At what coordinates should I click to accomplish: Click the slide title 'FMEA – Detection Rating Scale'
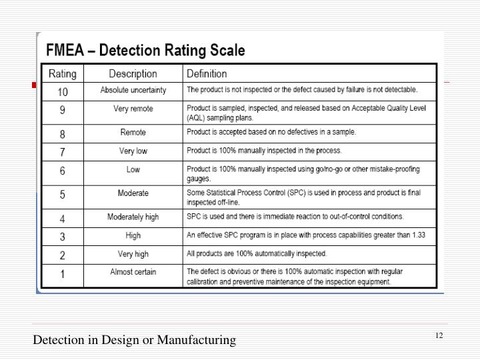coord(145,51)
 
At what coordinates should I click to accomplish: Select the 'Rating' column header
coord(63,73)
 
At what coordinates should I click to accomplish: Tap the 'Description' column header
coord(133,73)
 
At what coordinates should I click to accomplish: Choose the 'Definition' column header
coord(207,73)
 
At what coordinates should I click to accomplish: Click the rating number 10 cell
coord(63,91)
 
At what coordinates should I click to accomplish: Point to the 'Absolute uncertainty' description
coord(133,90)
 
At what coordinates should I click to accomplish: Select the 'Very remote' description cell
coord(133,109)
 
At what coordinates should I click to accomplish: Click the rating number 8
coord(63,133)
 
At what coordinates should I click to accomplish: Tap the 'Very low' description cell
coord(133,151)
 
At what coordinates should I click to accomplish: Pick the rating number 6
coord(63,171)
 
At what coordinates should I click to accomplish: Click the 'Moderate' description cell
coord(133,193)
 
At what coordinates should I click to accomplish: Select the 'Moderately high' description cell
coord(133,217)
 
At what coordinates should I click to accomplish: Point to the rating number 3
coord(63,236)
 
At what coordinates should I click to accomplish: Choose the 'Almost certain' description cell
coord(133,272)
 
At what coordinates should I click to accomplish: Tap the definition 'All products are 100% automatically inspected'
coord(257,254)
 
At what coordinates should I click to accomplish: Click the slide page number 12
coord(439,335)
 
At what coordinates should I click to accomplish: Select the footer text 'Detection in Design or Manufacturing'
coord(135,340)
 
